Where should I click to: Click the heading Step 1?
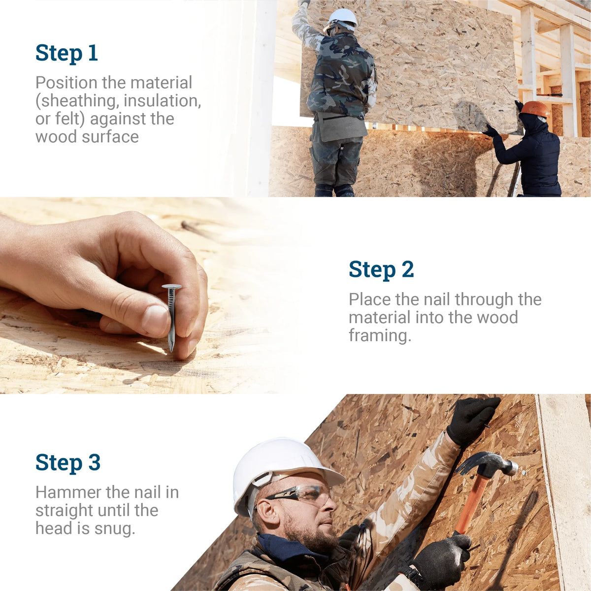[x=66, y=53]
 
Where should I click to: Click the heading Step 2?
[x=381, y=270]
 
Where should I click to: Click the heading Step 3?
[x=67, y=463]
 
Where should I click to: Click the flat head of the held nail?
[x=171, y=287]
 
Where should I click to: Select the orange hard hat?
[x=535, y=108]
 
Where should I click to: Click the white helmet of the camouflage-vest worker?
[x=343, y=17]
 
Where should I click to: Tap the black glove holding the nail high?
[x=471, y=419]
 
